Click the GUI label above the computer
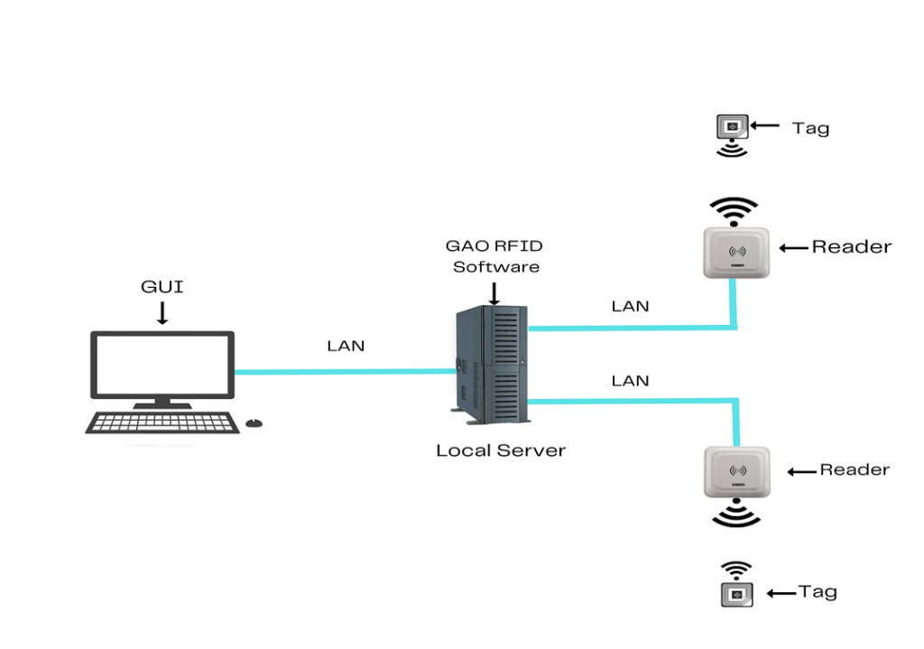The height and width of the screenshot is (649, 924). (x=162, y=287)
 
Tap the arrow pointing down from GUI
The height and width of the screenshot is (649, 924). (x=162, y=312)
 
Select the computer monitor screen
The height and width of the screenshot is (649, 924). (x=162, y=365)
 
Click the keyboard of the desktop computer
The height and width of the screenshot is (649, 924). (x=162, y=422)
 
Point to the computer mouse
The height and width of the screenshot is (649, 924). (x=254, y=422)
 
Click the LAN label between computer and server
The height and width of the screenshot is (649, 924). (x=346, y=346)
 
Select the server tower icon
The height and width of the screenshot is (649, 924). (x=490, y=366)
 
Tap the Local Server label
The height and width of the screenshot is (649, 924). (x=501, y=450)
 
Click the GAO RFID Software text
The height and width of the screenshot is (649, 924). (x=495, y=255)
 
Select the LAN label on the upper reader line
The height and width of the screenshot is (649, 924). (x=630, y=306)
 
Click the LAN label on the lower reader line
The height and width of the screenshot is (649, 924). (x=630, y=381)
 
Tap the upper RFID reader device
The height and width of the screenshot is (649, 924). (x=736, y=250)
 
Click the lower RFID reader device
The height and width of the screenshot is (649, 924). (x=736, y=471)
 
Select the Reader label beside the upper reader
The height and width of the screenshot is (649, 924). (x=851, y=246)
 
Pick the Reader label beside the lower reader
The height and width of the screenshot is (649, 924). (x=854, y=469)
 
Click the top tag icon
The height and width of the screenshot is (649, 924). (x=732, y=126)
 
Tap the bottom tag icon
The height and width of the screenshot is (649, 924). (x=737, y=594)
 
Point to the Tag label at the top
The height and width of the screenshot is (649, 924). (x=810, y=127)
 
